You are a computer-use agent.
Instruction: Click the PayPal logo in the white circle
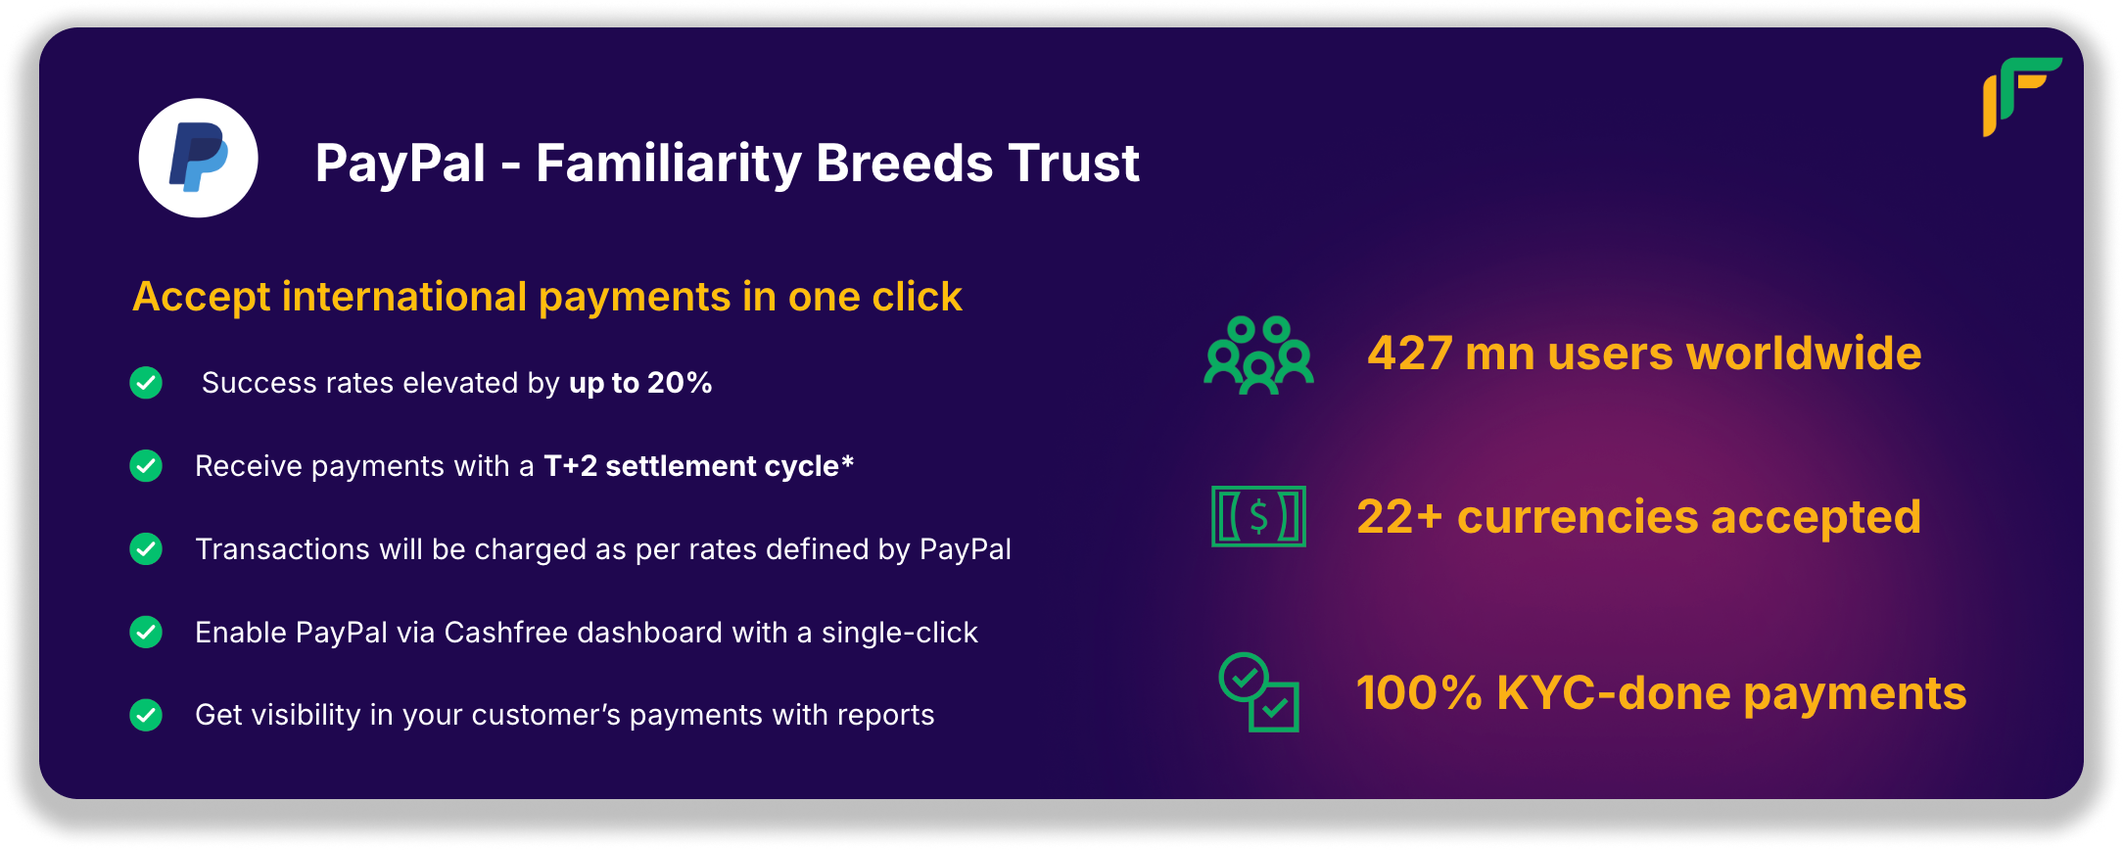click(199, 158)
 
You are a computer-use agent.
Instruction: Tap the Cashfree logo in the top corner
click(2021, 96)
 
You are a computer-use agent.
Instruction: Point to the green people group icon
click(1258, 354)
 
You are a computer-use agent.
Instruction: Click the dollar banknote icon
click(1258, 516)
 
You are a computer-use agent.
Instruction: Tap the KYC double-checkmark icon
click(1258, 692)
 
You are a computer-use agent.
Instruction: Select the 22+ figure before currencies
click(1399, 517)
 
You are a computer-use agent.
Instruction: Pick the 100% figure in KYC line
click(1419, 693)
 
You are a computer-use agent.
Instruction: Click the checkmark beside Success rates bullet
click(146, 383)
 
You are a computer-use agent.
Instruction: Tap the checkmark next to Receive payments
click(146, 466)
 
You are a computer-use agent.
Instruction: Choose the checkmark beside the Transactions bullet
click(146, 549)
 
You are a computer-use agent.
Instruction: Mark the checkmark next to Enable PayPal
click(146, 633)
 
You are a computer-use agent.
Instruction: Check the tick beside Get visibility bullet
click(146, 715)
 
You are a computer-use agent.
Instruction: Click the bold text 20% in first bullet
click(680, 383)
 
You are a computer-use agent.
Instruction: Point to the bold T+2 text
click(571, 466)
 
